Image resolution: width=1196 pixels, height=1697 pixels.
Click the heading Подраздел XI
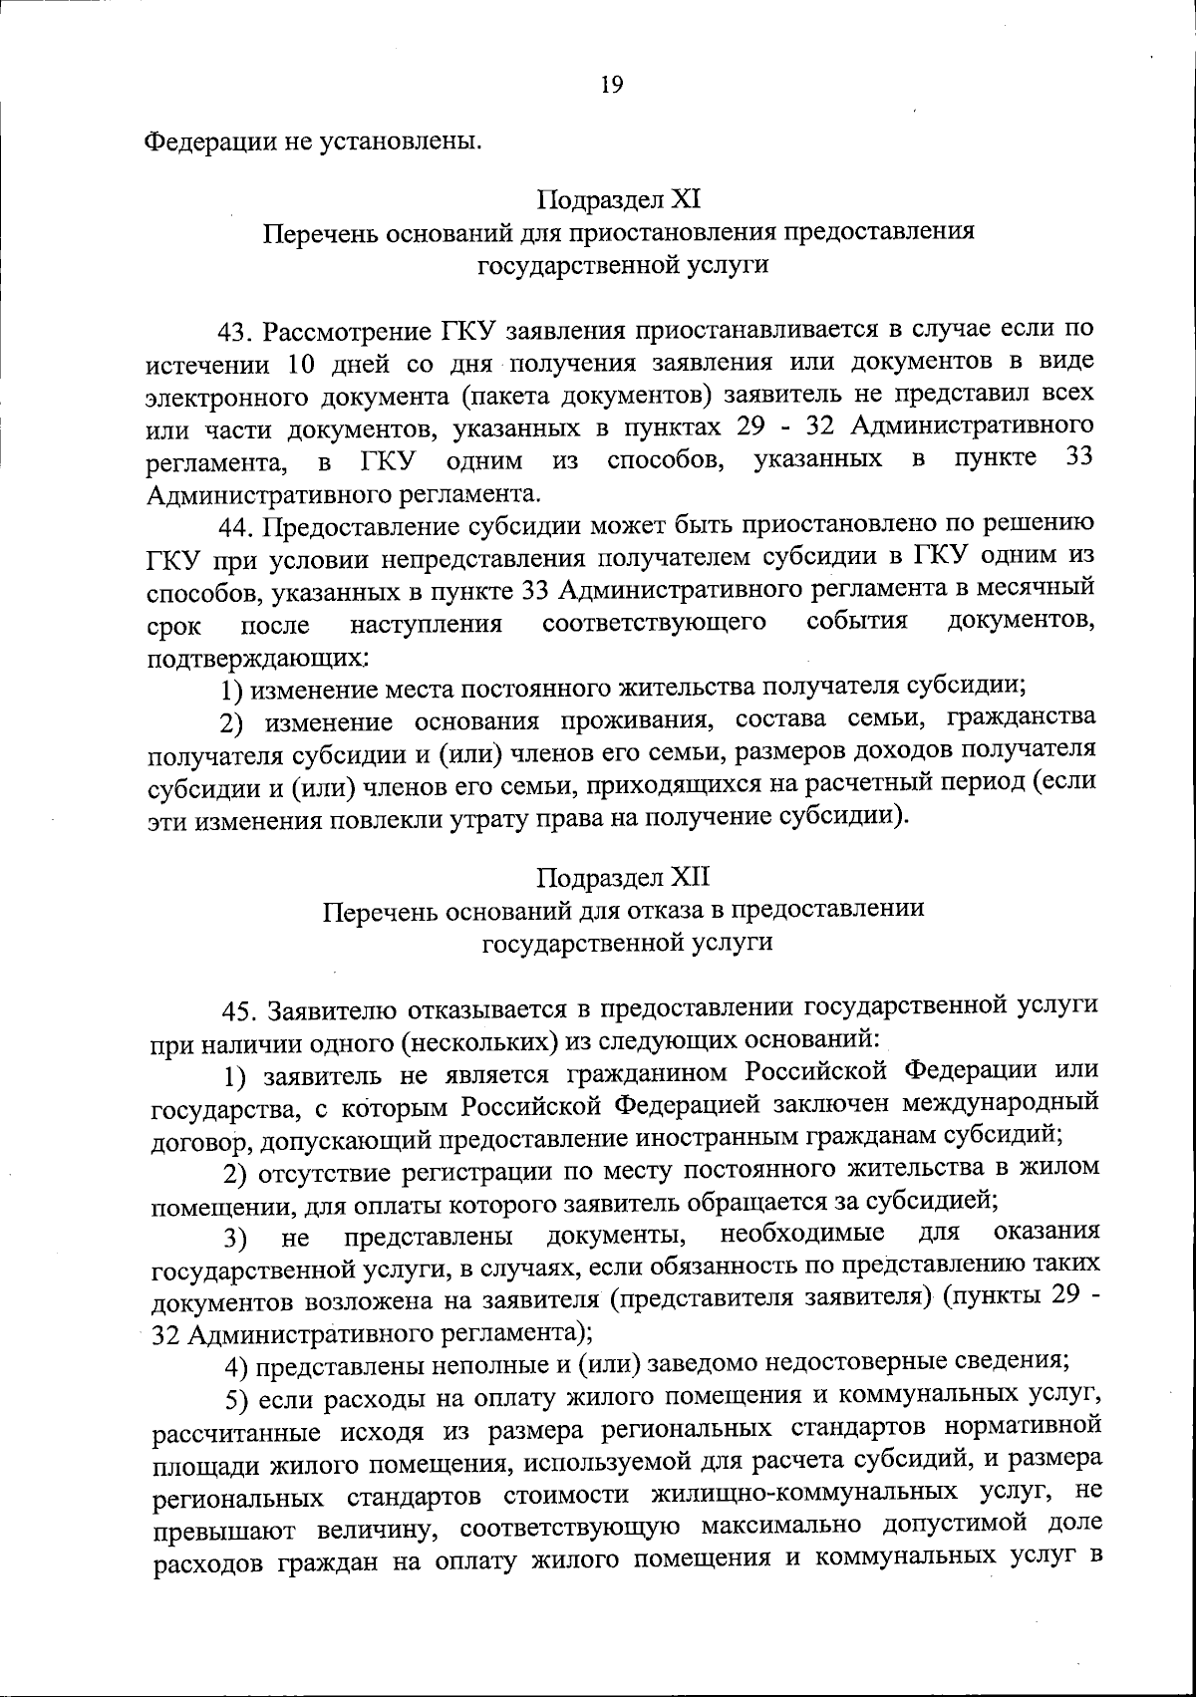point(619,199)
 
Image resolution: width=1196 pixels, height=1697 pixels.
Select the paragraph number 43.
point(239,330)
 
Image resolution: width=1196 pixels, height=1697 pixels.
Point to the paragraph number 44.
point(239,526)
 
